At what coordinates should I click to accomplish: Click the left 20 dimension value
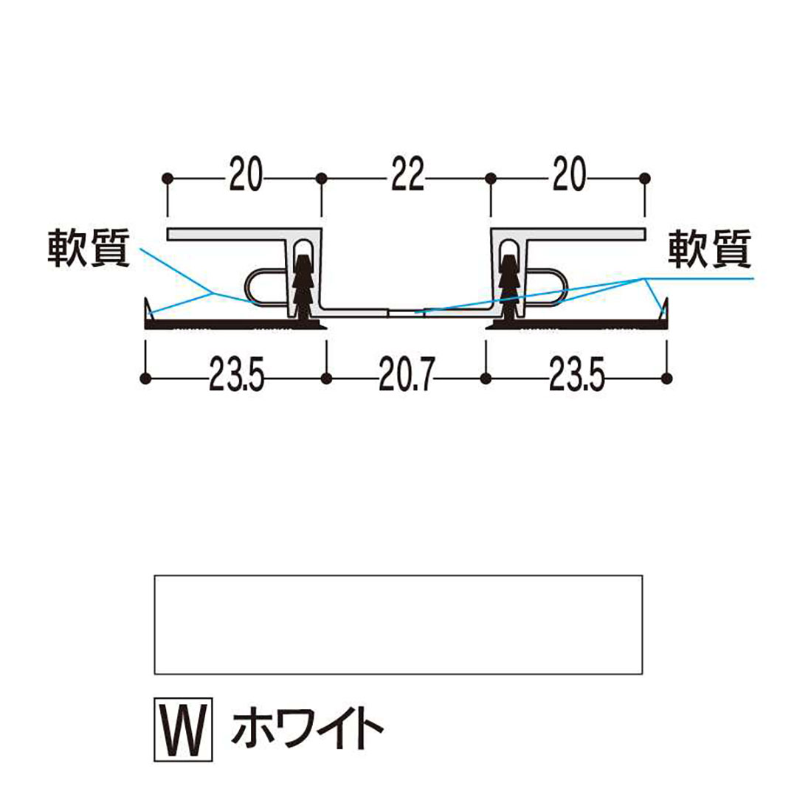pyautogui.click(x=246, y=174)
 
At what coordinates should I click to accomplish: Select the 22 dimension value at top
pyautogui.click(x=407, y=174)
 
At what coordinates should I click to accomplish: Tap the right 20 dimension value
pyautogui.click(x=569, y=174)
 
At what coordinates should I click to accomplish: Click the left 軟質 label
pyautogui.click(x=89, y=249)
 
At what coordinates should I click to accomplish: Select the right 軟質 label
pyautogui.click(x=710, y=249)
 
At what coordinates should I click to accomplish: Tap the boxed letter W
pyautogui.click(x=183, y=729)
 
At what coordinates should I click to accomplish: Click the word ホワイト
pyautogui.click(x=307, y=730)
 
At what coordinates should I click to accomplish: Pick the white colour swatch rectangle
pyautogui.click(x=398, y=625)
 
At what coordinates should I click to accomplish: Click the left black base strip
pyautogui.click(x=235, y=324)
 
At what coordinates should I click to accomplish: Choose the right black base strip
pyautogui.click(x=577, y=324)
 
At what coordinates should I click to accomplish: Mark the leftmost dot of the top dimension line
pyautogui.click(x=168, y=179)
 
